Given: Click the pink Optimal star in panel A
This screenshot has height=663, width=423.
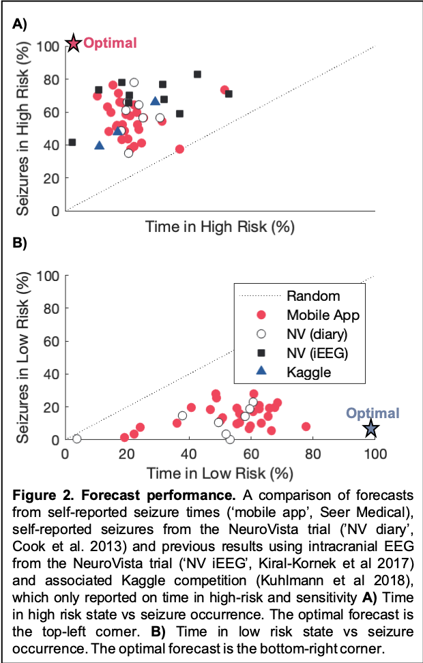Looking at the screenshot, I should pyautogui.click(x=74, y=44).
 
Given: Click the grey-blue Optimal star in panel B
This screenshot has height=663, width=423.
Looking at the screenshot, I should pyautogui.click(x=370, y=429).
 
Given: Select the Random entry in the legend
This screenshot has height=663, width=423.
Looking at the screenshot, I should pyautogui.click(x=313, y=295).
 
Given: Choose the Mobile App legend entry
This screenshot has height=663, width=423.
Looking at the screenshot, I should pyautogui.click(x=323, y=315).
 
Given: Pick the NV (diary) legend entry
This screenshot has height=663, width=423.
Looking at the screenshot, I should pyautogui.click(x=317, y=334).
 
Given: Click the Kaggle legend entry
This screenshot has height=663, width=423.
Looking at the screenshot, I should pyautogui.click(x=308, y=372).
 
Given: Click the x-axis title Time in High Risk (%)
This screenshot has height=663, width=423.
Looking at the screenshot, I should pyautogui.click(x=219, y=227).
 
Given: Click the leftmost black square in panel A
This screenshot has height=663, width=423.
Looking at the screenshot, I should pyautogui.click(x=72, y=143).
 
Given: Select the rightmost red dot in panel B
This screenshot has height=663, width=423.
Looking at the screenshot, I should pyautogui.click(x=306, y=426).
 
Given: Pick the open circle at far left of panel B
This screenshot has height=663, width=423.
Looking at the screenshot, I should pyautogui.click(x=76, y=439).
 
